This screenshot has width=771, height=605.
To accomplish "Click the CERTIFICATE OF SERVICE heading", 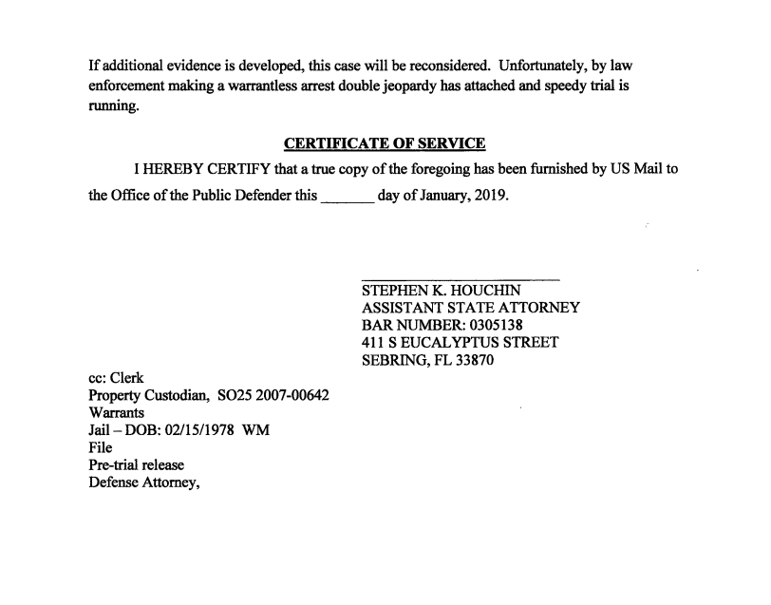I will (x=385, y=143).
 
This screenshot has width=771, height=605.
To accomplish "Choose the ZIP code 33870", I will (x=473, y=360).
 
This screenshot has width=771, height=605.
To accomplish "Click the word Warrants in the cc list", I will (x=117, y=413).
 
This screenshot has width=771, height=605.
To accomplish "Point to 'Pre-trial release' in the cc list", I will (x=136, y=465).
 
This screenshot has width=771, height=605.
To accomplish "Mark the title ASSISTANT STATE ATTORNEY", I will (x=471, y=308).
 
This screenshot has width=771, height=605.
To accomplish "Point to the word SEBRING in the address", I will (x=399, y=360).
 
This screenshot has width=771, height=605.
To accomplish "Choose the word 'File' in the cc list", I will (x=101, y=447).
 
